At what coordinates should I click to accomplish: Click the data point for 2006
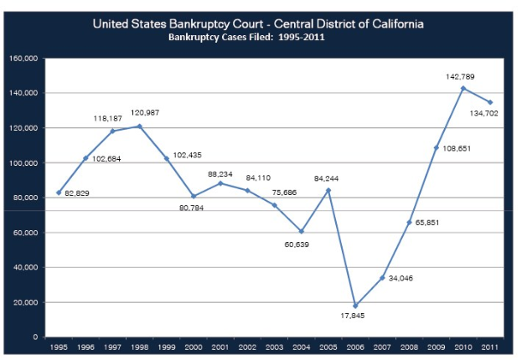[355, 306]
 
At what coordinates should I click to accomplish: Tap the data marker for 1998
[139, 126]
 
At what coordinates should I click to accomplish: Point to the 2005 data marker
[328, 190]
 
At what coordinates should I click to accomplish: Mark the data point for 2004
[301, 231]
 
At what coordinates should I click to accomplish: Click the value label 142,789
[460, 76]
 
